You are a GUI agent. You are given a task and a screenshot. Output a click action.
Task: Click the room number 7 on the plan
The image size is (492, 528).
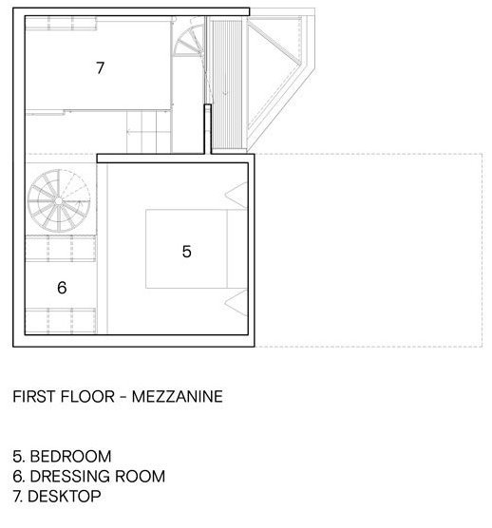tap(100, 68)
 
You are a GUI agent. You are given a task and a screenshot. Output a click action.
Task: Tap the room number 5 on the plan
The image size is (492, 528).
tap(186, 252)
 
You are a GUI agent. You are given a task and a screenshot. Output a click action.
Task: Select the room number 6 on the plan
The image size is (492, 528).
tap(62, 288)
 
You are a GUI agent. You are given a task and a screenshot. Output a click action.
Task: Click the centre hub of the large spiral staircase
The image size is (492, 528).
tap(59, 201)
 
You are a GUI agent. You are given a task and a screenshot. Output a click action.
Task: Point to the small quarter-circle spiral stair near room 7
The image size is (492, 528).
tap(189, 40)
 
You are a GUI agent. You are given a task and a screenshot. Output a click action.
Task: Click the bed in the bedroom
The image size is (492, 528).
tap(197, 249)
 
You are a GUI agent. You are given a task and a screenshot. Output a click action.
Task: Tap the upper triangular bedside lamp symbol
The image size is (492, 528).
tap(237, 195)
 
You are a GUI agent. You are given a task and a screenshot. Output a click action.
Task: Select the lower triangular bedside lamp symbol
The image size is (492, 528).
tap(237, 303)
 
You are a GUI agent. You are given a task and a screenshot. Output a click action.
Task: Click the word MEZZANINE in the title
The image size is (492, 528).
tap(177, 396)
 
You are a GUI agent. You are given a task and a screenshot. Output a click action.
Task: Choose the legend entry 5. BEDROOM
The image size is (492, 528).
tap(62, 456)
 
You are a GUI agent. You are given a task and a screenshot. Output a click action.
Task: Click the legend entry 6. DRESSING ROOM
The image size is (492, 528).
tap(89, 476)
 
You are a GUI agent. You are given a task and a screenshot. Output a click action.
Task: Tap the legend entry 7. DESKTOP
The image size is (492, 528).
tap(57, 496)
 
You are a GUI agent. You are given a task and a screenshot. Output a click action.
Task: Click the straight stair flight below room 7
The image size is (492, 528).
tap(148, 132)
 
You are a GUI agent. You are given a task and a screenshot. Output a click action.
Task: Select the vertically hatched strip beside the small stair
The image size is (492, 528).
tap(227, 85)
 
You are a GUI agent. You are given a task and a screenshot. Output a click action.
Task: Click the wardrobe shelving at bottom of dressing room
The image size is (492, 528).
tap(61, 320)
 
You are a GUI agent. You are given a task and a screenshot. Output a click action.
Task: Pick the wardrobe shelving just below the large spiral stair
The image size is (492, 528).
tap(61, 249)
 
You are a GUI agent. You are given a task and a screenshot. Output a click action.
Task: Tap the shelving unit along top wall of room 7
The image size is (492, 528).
tap(62, 24)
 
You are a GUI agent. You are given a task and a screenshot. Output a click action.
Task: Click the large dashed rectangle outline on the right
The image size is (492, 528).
tap(369, 250)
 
